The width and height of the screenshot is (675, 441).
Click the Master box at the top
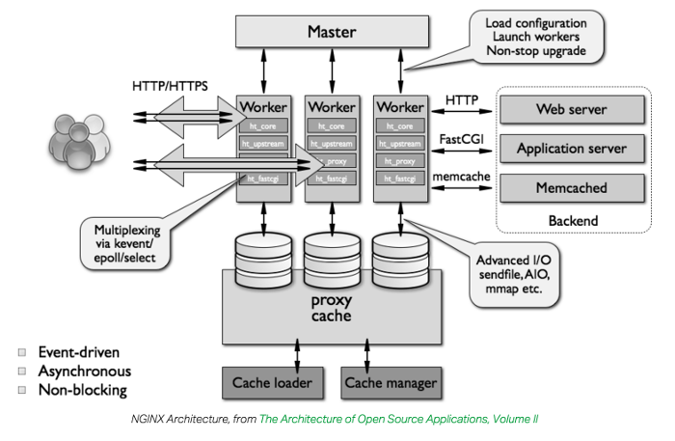[331, 31]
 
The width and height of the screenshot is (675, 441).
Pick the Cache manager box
[390, 382]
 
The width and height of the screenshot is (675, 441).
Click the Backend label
[573, 220]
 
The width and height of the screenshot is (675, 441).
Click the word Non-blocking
[82, 390]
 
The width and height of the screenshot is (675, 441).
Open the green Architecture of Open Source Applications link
[398, 420]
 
